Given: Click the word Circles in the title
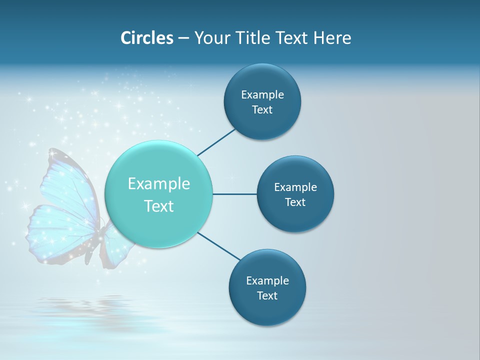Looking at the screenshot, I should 147,38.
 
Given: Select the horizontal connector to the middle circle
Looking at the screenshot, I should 234,194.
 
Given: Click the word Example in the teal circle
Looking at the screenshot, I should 159,184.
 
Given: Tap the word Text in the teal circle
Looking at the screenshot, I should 159,206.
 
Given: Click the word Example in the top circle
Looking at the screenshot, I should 262,94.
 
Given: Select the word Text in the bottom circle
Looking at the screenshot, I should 267,295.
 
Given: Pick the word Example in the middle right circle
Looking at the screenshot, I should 295,187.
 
